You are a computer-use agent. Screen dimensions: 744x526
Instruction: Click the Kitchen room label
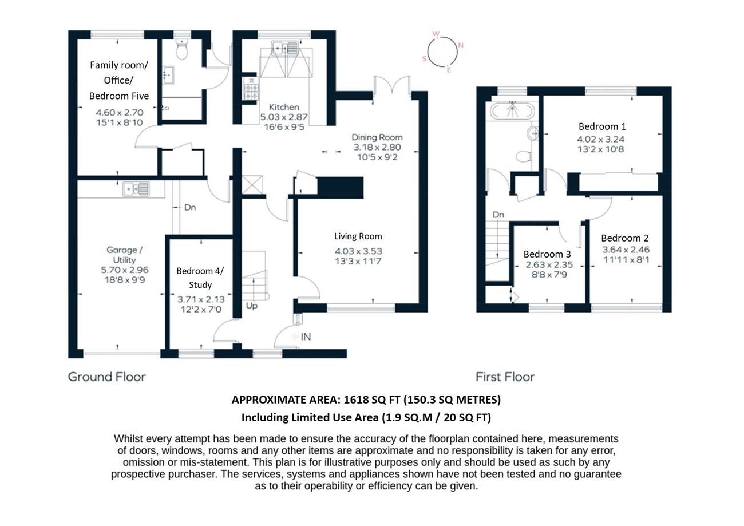[284, 107]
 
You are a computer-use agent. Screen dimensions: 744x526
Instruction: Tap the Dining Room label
[377, 137]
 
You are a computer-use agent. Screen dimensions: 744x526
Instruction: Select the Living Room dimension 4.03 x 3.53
[358, 251]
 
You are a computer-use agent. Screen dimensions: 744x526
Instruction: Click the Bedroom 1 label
[602, 126]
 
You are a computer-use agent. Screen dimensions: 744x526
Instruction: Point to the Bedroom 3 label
[547, 254]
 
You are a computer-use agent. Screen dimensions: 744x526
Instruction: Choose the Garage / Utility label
[124, 255]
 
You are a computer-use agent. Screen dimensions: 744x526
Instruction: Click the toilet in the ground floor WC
[181, 49]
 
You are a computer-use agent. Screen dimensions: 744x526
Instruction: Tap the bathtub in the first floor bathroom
[512, 110]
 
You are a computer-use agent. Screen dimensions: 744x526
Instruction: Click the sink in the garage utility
[136, 189]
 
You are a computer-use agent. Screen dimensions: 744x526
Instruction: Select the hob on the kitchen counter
[251, 88]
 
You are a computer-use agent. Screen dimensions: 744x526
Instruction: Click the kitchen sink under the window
[285, 48]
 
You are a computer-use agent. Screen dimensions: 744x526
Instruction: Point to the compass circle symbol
[442, 52]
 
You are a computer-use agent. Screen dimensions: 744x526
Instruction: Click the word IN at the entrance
[306, 337]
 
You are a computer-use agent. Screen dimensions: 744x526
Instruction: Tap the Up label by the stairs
[251, 306]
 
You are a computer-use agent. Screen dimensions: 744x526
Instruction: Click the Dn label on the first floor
[498, 215]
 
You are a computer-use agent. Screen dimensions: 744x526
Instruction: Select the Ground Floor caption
[107, 377]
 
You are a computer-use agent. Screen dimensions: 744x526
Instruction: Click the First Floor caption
[505, 377]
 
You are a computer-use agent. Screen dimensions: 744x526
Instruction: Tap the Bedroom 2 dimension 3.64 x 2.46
[626, 250]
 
